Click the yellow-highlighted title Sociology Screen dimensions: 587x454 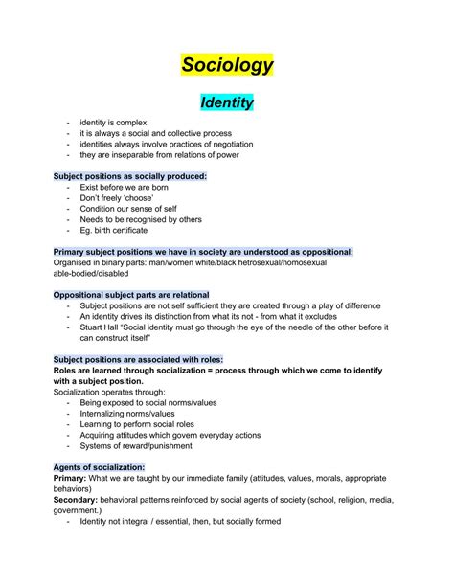click(x=227, y=65)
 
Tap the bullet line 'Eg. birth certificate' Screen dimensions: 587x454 click(x=116, y=230)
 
